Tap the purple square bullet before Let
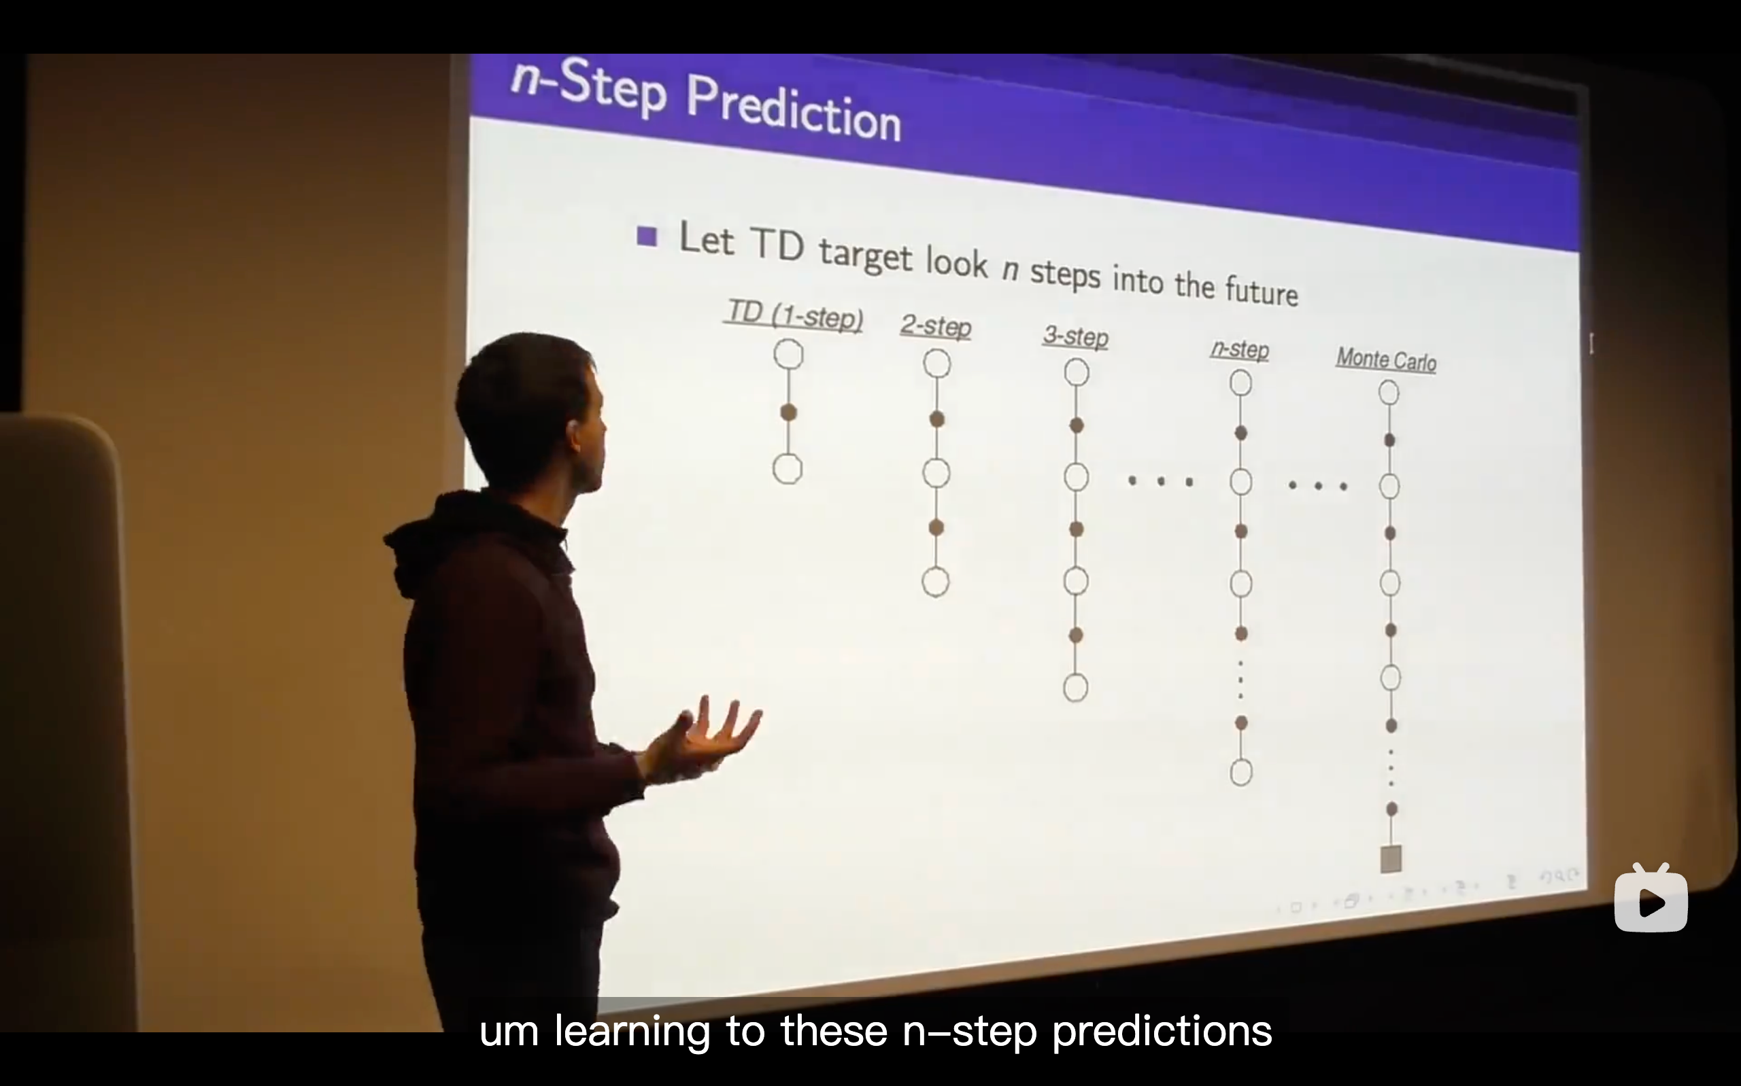(x=647, y=237)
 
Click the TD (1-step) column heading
(x=795, y=315)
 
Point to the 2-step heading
(x=936, y=326)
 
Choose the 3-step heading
(x=1076, y=336)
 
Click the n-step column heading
(x=1240, y=349)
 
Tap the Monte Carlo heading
(x=1386, y=358)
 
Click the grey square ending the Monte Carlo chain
(x=1391, y=859)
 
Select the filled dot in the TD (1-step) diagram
(x=788, y=413)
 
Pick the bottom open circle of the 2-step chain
(x=936, y=582)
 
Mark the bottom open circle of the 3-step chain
(x=1076, y=687)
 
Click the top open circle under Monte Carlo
(x=1389, y=392)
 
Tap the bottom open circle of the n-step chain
(x=1241, y=772)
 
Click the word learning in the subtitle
(x=632, y=1032)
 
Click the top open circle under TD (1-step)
(x=788, y=355)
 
